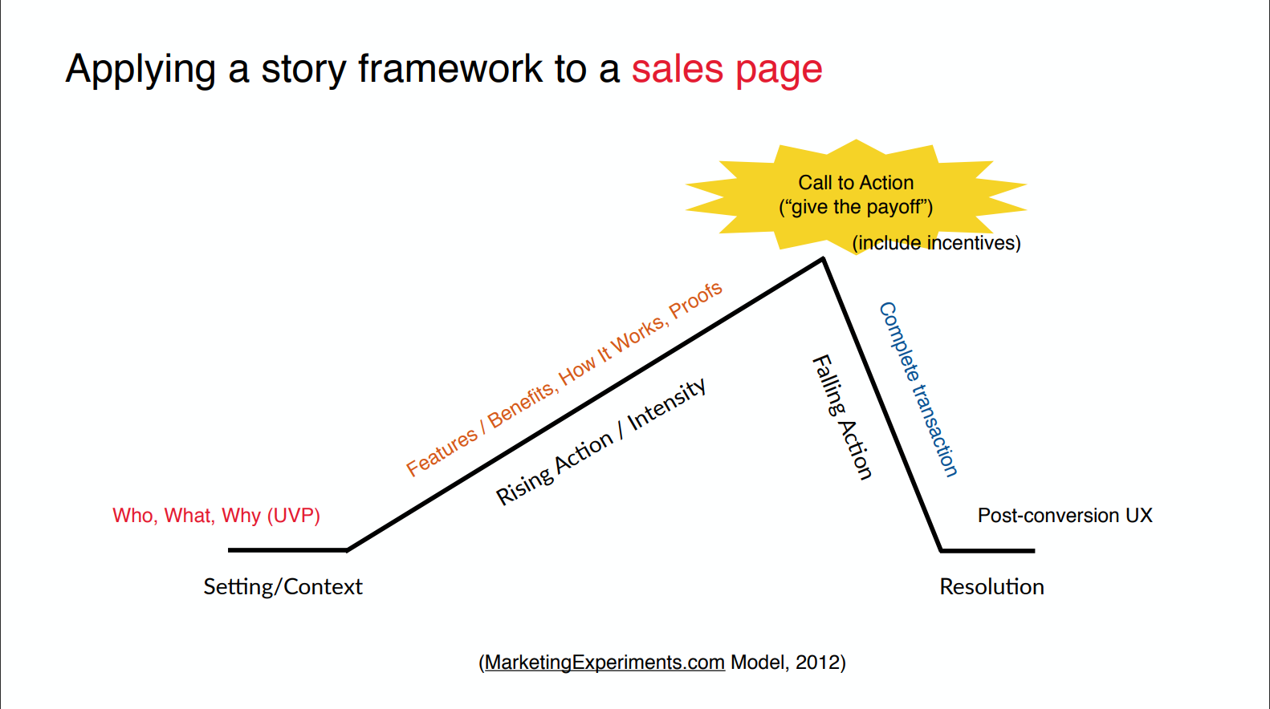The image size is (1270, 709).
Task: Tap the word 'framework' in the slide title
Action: tap(450, 68)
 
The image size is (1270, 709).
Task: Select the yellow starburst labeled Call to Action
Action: tap(856, 196)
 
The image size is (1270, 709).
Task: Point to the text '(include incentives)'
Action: tap(937, 243)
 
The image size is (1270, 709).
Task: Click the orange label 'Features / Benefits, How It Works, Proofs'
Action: tap(564, 379)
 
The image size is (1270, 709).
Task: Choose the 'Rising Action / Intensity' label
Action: tap(601, 441)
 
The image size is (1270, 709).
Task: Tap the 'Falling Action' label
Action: tap(842, 417)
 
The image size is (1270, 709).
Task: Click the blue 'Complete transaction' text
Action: tap(918, 390)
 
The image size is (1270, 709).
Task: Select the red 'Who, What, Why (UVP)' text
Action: tap(216, 516)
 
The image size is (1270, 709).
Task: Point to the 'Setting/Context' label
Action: tap(283, 586)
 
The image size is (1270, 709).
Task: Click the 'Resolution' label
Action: tap(991, 586)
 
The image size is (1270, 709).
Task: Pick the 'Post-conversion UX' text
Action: tap(1064, 516)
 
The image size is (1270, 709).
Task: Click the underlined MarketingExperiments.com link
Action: tap(605, 662)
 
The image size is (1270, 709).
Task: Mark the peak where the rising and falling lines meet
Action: tap(823, 259)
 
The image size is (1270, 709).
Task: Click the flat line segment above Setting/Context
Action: tap(287, 550)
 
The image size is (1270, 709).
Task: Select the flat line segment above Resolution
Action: tap(987, 550)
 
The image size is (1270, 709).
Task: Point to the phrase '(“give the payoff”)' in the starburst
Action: tap(856, 207)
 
